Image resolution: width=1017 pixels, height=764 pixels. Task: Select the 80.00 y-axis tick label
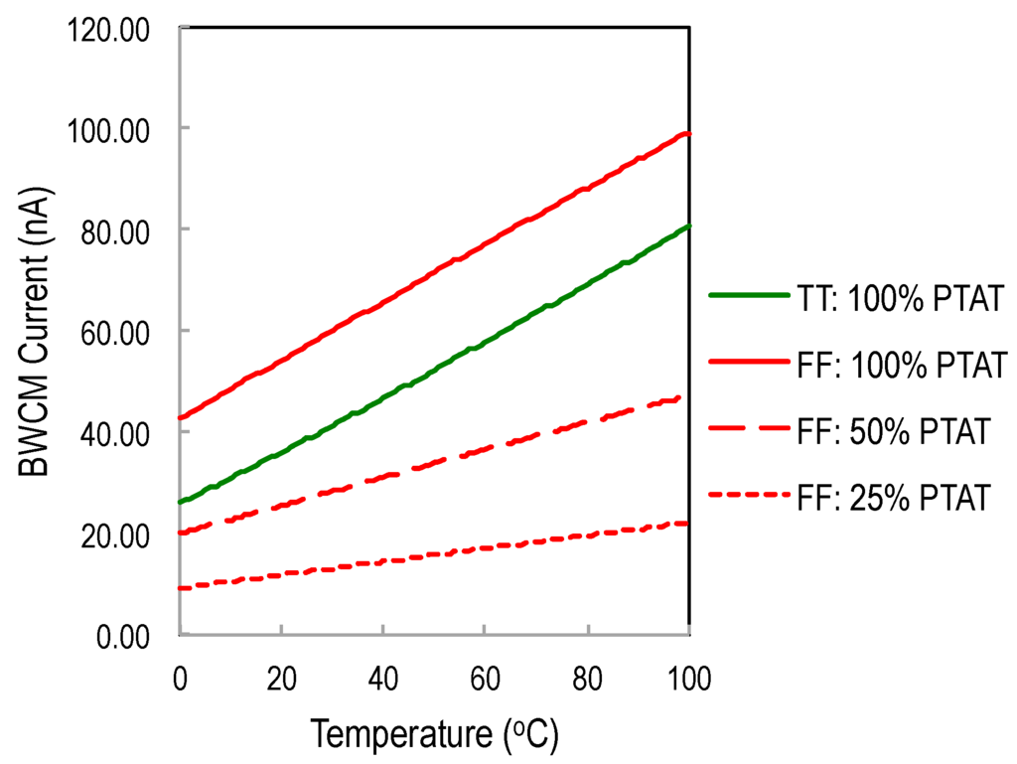(x=109, y=231)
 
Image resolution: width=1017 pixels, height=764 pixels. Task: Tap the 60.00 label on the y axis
(x=109, y=333)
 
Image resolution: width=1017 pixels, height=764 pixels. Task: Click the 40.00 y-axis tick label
(x=109, y=434)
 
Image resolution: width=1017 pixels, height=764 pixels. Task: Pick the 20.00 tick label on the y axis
(x=109, y=535)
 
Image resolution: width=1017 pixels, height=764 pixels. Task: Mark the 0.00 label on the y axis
(x=116, y=637)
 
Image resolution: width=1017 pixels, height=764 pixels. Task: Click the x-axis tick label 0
(x=180, y=681)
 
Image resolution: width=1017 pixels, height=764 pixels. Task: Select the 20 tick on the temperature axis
(x=282, y=681)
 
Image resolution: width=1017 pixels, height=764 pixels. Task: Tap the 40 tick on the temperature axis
(x=383, y=681)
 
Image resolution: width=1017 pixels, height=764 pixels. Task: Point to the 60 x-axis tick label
(x=486, y=681)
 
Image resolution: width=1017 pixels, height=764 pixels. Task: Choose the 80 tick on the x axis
(x=588, y=681)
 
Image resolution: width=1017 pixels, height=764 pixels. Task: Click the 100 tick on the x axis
(x=689, y=681)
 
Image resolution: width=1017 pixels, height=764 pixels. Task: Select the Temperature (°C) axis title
(x=434, y=735)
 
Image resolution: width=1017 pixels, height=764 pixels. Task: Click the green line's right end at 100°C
(x=688, y=227)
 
